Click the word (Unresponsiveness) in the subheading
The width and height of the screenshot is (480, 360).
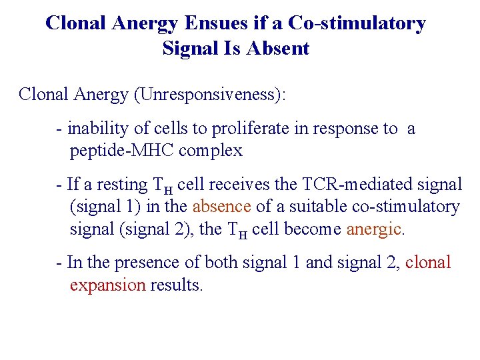pos(209,94)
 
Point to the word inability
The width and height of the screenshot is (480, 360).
pos(96,129)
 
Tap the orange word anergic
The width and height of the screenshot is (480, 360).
pos(375,229)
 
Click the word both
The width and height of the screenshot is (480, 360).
pos(219,263)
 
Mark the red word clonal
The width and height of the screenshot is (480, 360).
pos(428,263)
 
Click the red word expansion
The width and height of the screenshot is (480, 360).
pos(107,285)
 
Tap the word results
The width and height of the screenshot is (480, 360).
pos(176,285)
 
